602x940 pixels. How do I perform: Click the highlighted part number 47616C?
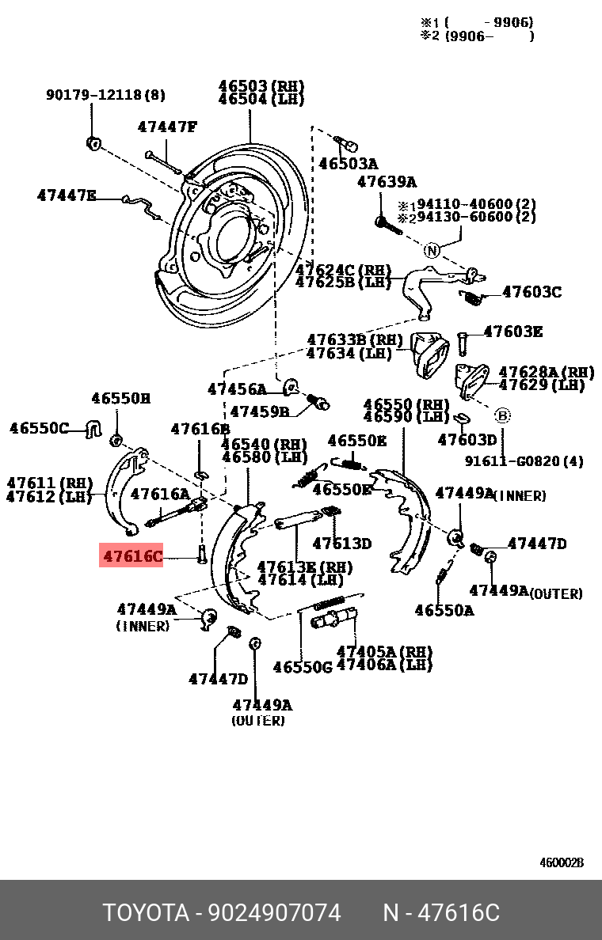[x=131, y=556]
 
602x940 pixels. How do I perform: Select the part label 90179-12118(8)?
[x=105, y=95]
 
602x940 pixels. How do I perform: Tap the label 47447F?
[x=166, y=127]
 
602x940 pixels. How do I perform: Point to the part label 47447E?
[x=67, y=195]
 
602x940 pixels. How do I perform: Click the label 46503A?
[x=349, y=164]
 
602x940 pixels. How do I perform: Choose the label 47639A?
[x=387, y=182]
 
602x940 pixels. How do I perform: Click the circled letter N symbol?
[x=431, y=251]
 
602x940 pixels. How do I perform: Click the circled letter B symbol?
[x=502, y=415]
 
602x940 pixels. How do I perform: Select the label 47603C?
[x=532, y=292]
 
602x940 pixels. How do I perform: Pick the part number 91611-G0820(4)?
[x=524, y=461]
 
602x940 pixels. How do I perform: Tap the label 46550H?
[x=120, y=399]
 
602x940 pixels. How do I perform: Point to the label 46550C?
[x=39, y=428]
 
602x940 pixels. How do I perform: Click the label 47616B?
[x=200, y=429]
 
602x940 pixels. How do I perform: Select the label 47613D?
[x=341, y=543]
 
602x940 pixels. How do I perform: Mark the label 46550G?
[x=303, y=667]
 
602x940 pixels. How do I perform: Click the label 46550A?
[x=444, y=610]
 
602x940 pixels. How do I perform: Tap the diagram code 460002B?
[x=562, y=862]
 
